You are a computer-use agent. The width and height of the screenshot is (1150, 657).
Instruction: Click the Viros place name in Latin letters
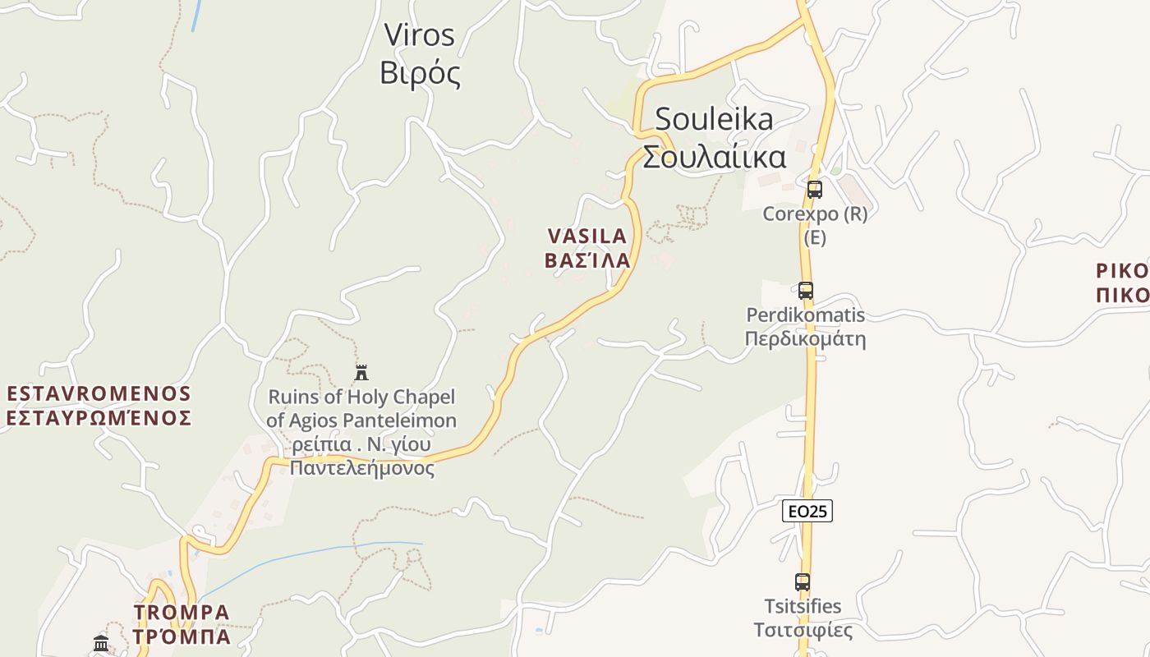[x=419, y=34]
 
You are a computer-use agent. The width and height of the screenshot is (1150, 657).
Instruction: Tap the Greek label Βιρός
[x=420, y=73]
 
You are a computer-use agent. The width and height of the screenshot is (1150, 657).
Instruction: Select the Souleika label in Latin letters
[x=714, y=119]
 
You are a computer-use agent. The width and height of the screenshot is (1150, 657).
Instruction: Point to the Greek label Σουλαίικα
[x=714, y=156]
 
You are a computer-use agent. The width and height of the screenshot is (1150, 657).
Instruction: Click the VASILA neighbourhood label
[x=586, y=236]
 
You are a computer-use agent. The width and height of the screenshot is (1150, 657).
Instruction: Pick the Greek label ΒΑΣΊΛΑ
[x=586, y=260]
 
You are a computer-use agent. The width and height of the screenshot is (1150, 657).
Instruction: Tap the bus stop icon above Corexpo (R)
[x=814, y=189]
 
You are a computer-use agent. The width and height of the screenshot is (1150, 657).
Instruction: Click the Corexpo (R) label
[x=814, y=214]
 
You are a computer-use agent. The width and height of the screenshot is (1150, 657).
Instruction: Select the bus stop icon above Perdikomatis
[x=805, y=290]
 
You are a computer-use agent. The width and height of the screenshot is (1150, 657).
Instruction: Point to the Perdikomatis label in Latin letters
[x=805, y=315]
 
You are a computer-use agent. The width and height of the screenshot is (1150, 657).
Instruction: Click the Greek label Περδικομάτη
[x=805, y=338]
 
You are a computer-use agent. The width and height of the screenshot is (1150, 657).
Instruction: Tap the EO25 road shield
[x=807, y=511]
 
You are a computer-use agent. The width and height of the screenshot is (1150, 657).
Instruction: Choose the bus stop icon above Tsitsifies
[x=803, y=582]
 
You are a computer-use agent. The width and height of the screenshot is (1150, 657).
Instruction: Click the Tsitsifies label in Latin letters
[x=803, y=606]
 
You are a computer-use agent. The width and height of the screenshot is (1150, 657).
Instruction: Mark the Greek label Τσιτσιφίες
[x=803, y=630]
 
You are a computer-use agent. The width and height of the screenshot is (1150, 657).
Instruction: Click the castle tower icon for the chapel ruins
[x=361, y=373]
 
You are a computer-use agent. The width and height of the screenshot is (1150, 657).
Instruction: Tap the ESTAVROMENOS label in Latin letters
[x=99, y=393]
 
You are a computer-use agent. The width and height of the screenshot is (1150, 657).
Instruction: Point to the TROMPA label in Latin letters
[x=182, y=613]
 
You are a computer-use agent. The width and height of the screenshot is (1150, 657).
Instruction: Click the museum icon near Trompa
[x=101, y=643]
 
